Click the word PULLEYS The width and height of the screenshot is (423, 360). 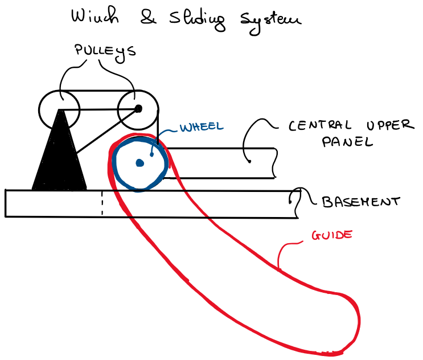[105, 52]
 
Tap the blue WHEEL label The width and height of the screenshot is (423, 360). [202, 127]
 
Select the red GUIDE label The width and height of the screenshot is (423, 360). [332, 235]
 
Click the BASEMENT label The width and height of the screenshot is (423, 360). [361, 202]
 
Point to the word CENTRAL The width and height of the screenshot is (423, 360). [320, 125]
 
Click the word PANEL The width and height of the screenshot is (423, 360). [347, 142]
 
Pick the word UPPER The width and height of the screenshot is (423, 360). [390, 125]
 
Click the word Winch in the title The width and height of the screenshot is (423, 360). [95, 15]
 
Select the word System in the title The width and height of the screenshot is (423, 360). [270, 22]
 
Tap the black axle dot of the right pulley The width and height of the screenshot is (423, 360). [138, 109]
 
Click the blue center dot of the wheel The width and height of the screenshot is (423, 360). [139, 163]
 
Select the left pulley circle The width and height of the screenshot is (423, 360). [39, 109]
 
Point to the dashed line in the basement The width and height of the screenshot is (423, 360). [102, 203]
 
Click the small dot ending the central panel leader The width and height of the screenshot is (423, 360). [249, 161]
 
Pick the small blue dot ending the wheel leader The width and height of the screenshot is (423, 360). [151, 154]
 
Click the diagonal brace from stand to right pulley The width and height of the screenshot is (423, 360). [107, 131]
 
